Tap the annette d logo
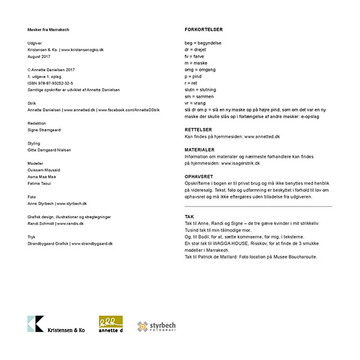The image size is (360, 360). point(110,324)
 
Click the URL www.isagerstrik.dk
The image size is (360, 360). point(240,163)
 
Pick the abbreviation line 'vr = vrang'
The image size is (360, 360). point(196,103)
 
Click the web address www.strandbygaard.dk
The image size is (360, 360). point(92,244)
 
